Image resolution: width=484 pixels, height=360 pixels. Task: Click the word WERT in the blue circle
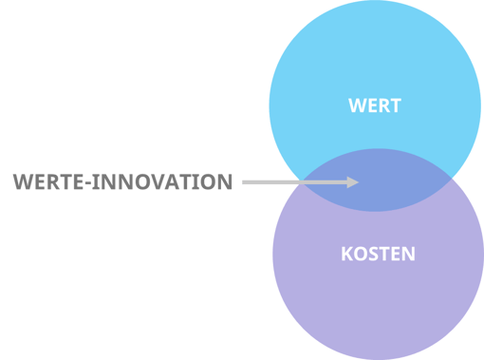tap(375, 105)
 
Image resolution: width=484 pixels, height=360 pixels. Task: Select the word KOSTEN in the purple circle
tap(378, 255)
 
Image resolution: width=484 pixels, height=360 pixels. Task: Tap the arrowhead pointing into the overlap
tap(353, 181)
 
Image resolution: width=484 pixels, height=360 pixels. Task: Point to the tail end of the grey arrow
tap(245, 181)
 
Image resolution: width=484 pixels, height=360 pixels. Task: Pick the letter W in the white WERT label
tap(356, 105)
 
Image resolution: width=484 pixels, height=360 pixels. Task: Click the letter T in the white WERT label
tap(395, 105)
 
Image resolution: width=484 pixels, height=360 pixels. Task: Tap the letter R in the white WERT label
tap(383, 105)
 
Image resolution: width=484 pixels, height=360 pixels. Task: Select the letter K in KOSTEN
tap(345, 255)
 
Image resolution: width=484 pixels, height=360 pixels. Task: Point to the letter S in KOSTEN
tap(371, 255)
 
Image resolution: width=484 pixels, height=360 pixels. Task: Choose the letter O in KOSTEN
tap(358, 255)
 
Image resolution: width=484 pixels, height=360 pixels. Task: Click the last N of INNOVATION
tap(225, 181)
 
